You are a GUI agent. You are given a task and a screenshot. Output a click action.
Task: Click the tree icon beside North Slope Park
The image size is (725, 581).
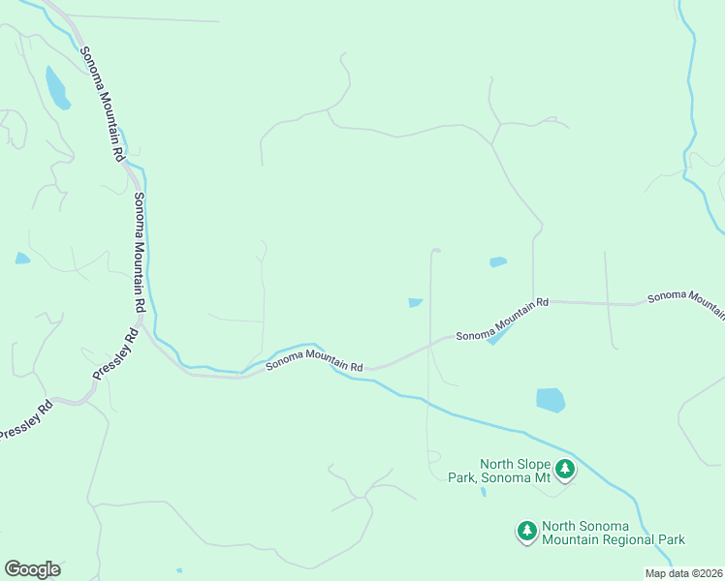(565, 470)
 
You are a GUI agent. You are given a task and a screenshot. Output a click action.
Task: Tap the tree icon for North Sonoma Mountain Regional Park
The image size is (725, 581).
(526, 531)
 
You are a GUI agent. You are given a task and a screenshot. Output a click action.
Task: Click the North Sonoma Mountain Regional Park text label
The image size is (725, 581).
(614, 533)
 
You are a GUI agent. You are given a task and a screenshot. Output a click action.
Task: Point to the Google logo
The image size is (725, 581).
(32, 569)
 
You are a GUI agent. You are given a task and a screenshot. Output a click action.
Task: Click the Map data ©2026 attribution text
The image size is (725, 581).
(683, 573)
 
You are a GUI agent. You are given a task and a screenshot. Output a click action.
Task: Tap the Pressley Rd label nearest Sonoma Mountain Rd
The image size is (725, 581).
(115, 356)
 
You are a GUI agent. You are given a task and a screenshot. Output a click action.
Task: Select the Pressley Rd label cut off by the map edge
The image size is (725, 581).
(24, 423)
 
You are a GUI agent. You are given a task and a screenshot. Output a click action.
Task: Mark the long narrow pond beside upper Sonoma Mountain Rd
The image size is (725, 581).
(56, 87)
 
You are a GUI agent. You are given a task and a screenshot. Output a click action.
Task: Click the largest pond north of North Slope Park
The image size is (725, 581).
(551, 399)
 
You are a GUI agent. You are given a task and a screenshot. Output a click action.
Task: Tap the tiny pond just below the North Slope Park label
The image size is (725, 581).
(483, 491)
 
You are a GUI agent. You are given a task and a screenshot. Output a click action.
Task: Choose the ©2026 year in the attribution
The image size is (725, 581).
(706, 573)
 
